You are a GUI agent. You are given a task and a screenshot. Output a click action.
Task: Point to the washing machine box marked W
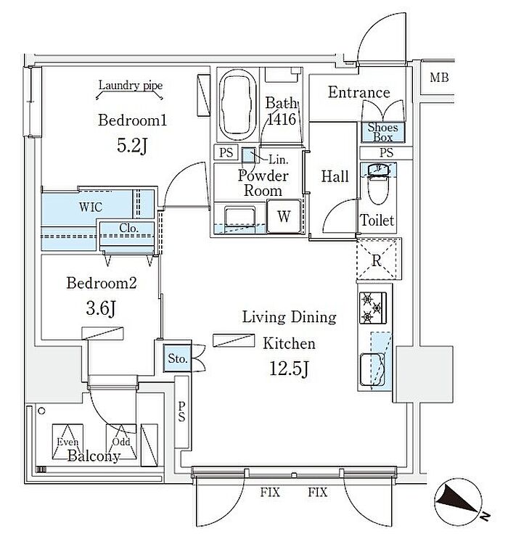click(283, 215)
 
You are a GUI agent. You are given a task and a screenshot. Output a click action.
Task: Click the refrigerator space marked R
click(377, 259)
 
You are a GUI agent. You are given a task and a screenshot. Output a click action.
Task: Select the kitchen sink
click(374, 366)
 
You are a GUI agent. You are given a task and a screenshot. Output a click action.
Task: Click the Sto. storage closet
click(178, 358)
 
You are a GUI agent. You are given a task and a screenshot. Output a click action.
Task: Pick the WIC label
click(91, 207)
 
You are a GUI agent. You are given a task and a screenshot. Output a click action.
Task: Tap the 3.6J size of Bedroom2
click(102, 310)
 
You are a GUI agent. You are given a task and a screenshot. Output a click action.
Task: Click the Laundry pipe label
click(131, 86)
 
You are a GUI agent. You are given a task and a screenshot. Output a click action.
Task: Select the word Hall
click(335, 176)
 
